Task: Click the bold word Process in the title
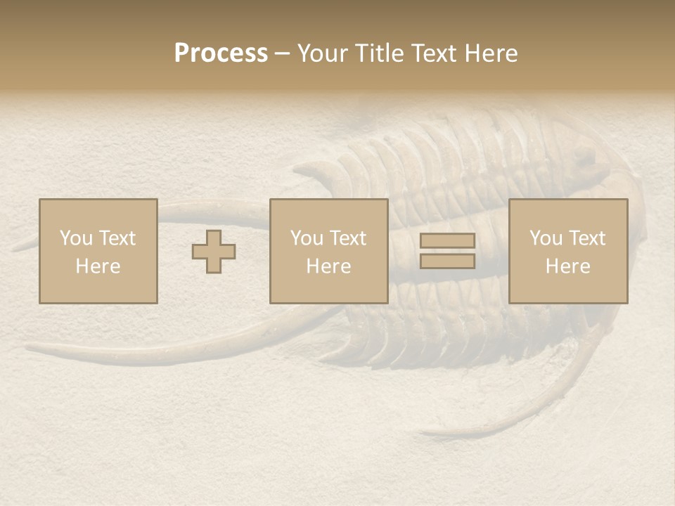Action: pos(221,53)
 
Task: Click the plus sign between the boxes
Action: pos(214,252)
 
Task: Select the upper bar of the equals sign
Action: pos(447,241)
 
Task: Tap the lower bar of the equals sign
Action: pos(447,261)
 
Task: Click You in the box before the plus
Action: pos(75,238)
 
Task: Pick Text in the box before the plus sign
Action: pos(116,238)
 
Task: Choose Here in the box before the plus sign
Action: pos(98,266)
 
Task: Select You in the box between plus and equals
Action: pos(306,238)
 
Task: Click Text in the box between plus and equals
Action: pos(347,238)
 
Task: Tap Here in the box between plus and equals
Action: pos(329,266)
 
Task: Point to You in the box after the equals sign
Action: pos(545,238)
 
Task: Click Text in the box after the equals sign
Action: pos(586,238)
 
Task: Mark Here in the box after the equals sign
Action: pos(568,266)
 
